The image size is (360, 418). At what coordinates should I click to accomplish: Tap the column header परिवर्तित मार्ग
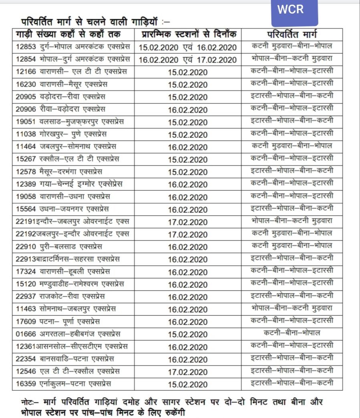[292, 34]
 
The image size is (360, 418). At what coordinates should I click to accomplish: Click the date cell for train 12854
[188, 59]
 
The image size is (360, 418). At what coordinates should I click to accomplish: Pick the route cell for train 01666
[292, 333]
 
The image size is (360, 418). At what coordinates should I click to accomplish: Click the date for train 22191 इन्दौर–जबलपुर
[188, 222]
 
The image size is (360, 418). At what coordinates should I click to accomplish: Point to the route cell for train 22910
[292, 246]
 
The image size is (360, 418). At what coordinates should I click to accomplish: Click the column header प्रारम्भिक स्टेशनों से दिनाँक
[188, 34]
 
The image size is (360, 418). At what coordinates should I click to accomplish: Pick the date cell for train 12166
[188, 72]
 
